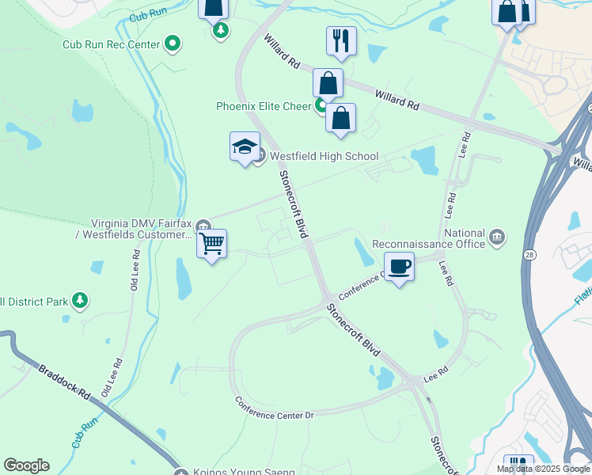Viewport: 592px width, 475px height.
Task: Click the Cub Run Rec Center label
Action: coord(111,44)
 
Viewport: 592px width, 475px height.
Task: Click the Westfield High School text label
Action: coord(324,156)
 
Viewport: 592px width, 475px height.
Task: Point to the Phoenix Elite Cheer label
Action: coord(264,106)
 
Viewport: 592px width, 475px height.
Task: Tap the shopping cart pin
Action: coord(212,244)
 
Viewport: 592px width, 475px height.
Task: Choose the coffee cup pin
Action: coord(399,267)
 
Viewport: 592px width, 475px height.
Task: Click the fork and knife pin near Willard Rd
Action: coord(341,42)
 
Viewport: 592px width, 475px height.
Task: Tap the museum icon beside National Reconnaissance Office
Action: coord(497,235)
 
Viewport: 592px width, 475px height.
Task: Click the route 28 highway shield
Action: coord(528,253)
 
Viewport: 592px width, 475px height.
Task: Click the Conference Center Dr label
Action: coord(275,408)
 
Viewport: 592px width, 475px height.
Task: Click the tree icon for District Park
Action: coord(79,301)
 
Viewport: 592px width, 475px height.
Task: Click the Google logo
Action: coord(26,465)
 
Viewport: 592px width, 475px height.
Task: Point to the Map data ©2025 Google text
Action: coord(543,469)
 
